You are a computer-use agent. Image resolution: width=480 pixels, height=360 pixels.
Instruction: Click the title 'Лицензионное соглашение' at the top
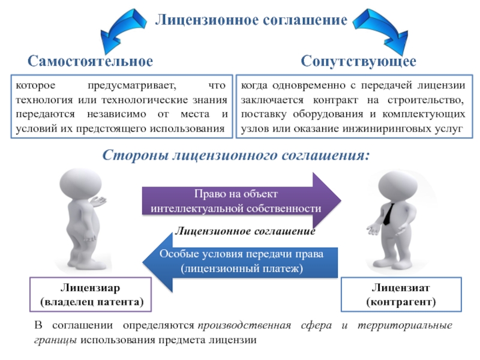tap(251, 20)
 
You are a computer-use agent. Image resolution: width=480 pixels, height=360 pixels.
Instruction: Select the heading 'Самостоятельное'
tap(91, 61)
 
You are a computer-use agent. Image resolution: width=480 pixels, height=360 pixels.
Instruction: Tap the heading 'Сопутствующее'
tap(358, 62)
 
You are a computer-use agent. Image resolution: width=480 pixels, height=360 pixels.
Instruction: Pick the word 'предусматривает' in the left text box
tap(132, 86)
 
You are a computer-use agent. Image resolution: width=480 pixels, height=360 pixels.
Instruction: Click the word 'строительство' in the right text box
tap(425, 100)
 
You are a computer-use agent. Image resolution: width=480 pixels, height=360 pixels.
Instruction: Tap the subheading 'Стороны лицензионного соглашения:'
tap(236, 155)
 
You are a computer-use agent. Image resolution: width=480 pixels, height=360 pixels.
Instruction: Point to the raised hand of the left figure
tap(98, 201)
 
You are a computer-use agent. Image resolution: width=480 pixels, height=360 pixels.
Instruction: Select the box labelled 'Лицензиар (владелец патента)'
tap(91, 295)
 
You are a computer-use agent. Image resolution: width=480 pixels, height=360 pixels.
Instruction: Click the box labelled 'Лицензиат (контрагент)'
tap(401, 295)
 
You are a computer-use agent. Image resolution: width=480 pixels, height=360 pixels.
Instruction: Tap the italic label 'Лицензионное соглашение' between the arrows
tap(245, 231)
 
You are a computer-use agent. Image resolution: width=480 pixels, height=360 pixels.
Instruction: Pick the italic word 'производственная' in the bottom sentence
tap(244, 325)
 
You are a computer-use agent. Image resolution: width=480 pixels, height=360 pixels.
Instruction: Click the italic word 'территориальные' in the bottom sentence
tap(404, 325)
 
